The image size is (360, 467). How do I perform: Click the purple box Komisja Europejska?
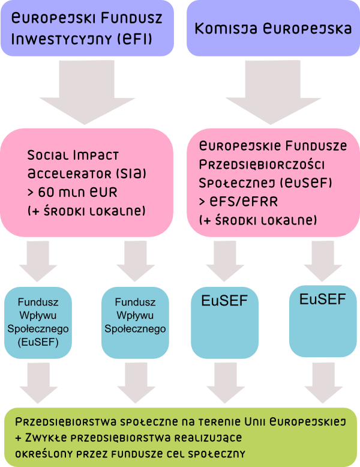[x=273, y=28]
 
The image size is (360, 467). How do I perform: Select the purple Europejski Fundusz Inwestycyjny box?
[x=88, y=28]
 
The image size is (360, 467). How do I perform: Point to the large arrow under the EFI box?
[x=88, y=90]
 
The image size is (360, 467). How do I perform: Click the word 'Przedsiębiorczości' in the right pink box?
[x=262, y=164]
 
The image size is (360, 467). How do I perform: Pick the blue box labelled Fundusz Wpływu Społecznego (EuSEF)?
[x=38, y=322]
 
